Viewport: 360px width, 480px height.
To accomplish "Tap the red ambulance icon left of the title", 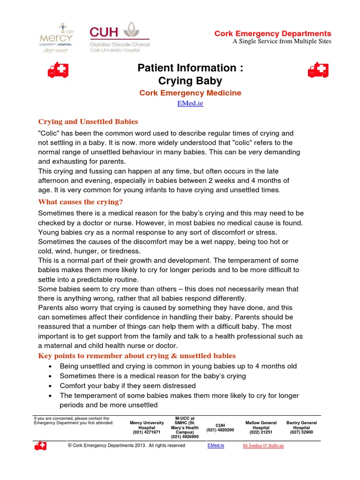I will [58, 70].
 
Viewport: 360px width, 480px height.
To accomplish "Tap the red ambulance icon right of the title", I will [318, 70].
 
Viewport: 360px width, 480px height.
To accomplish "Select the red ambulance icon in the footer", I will [40, 446].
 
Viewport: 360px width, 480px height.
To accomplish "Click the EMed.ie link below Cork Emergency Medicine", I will [190, 103].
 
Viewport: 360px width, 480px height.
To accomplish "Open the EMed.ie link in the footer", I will [216, 445].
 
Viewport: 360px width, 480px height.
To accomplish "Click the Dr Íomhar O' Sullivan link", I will [263, 445].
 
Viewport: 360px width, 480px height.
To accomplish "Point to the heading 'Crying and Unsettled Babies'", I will [88, 121].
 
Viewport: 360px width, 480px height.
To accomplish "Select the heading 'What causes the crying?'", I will [80, 202].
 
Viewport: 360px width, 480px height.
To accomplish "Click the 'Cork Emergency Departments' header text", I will [272, 34].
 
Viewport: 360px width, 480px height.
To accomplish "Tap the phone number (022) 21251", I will [261, 432].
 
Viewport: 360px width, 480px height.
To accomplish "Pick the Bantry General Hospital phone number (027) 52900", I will [301, 432].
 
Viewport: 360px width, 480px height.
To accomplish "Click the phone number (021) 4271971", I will [147, 432].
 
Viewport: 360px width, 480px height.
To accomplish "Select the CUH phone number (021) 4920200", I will [220, 430].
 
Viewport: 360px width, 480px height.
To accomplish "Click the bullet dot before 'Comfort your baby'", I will [50, 386].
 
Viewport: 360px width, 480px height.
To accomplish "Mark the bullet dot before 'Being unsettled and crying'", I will [50, 366].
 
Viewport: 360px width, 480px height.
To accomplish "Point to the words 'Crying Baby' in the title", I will [190, 81].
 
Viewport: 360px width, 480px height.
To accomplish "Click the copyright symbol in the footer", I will [70, 445].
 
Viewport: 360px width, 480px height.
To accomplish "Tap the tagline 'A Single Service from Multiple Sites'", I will [282, 41].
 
